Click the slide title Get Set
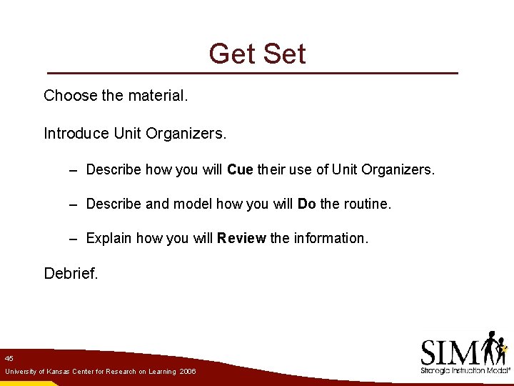(257, 54)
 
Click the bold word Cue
(240, 169)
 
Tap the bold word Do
(306, 204)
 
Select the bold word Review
(242, 238)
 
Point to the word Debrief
(71, 273)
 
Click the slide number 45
(9, 358)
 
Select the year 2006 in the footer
(188, 372)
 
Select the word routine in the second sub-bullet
(367, 204)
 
